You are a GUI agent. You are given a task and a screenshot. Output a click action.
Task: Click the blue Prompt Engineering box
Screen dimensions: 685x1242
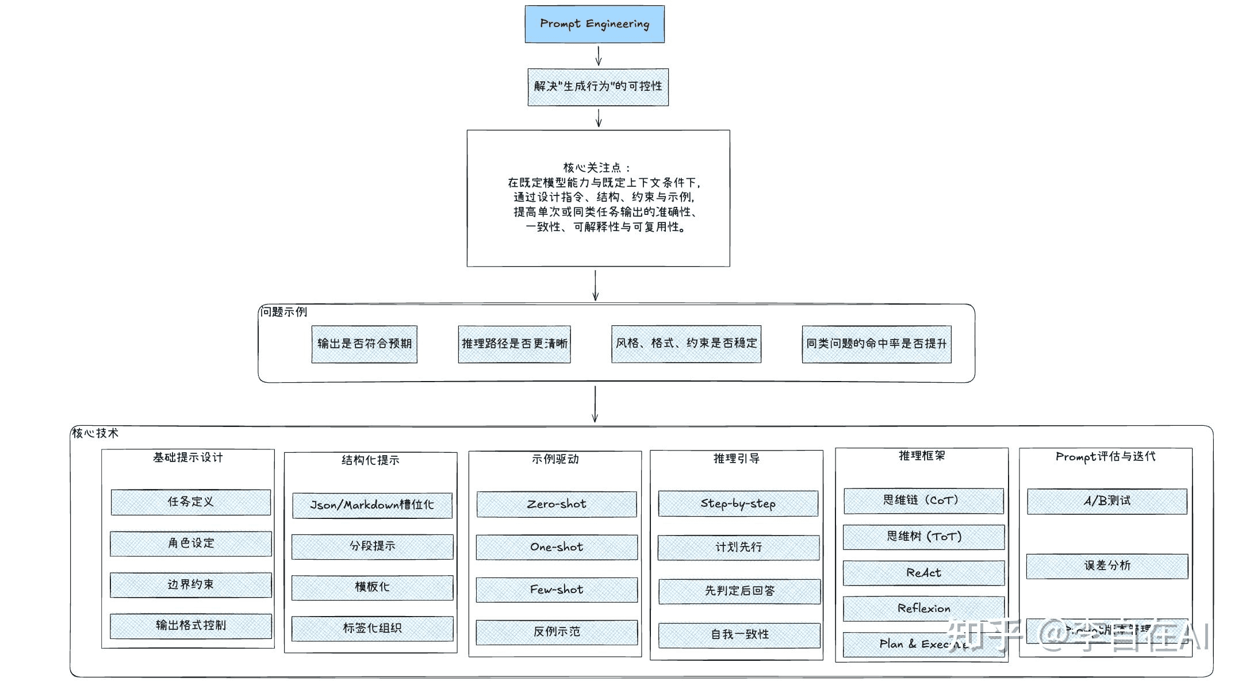click(595, 24)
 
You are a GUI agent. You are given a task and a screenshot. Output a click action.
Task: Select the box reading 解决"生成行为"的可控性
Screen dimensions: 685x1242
click(598, 87)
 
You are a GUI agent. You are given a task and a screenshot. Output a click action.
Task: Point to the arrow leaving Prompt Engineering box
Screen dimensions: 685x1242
click(598, 56)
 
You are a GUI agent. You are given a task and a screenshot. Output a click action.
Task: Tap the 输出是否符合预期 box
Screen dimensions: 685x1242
click(365, 344)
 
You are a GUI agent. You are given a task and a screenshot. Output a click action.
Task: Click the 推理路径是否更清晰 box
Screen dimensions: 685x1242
click(514, 344)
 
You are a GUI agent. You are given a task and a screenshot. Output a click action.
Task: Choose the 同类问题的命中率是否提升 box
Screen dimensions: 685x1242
click(876, 344)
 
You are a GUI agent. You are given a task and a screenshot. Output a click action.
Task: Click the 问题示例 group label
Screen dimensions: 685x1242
click(283, 312)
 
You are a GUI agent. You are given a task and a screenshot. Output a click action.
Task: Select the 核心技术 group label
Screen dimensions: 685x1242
click(95, 433)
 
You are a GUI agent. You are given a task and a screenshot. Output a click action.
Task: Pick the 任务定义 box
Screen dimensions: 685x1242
click(190, 502)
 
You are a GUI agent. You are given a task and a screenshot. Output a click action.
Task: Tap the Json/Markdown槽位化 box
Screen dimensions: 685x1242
click(372, 505)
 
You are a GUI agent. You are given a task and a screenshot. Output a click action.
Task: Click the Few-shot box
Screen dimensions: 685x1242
click(557, 590)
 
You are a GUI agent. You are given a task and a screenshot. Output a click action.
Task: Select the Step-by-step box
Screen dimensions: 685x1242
click(738, 503)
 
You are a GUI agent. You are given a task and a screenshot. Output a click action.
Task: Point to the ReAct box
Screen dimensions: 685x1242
click(923, 573)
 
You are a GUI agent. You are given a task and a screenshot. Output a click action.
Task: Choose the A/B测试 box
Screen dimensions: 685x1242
click(1107, 501)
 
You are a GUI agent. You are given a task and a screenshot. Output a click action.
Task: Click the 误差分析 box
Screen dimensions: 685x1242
click(1107, 566)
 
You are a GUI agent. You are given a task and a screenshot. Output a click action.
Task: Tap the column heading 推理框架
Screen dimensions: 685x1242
click(922, 456)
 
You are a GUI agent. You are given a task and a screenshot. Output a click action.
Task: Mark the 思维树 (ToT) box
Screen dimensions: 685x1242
click(923, 537)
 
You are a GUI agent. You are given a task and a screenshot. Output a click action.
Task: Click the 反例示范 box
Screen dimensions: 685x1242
click(557, 632)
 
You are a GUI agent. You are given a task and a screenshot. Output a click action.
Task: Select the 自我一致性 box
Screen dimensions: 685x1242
click(739, 635)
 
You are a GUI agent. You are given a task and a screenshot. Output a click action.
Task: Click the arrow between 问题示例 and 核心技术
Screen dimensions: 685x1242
click(595, 404)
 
